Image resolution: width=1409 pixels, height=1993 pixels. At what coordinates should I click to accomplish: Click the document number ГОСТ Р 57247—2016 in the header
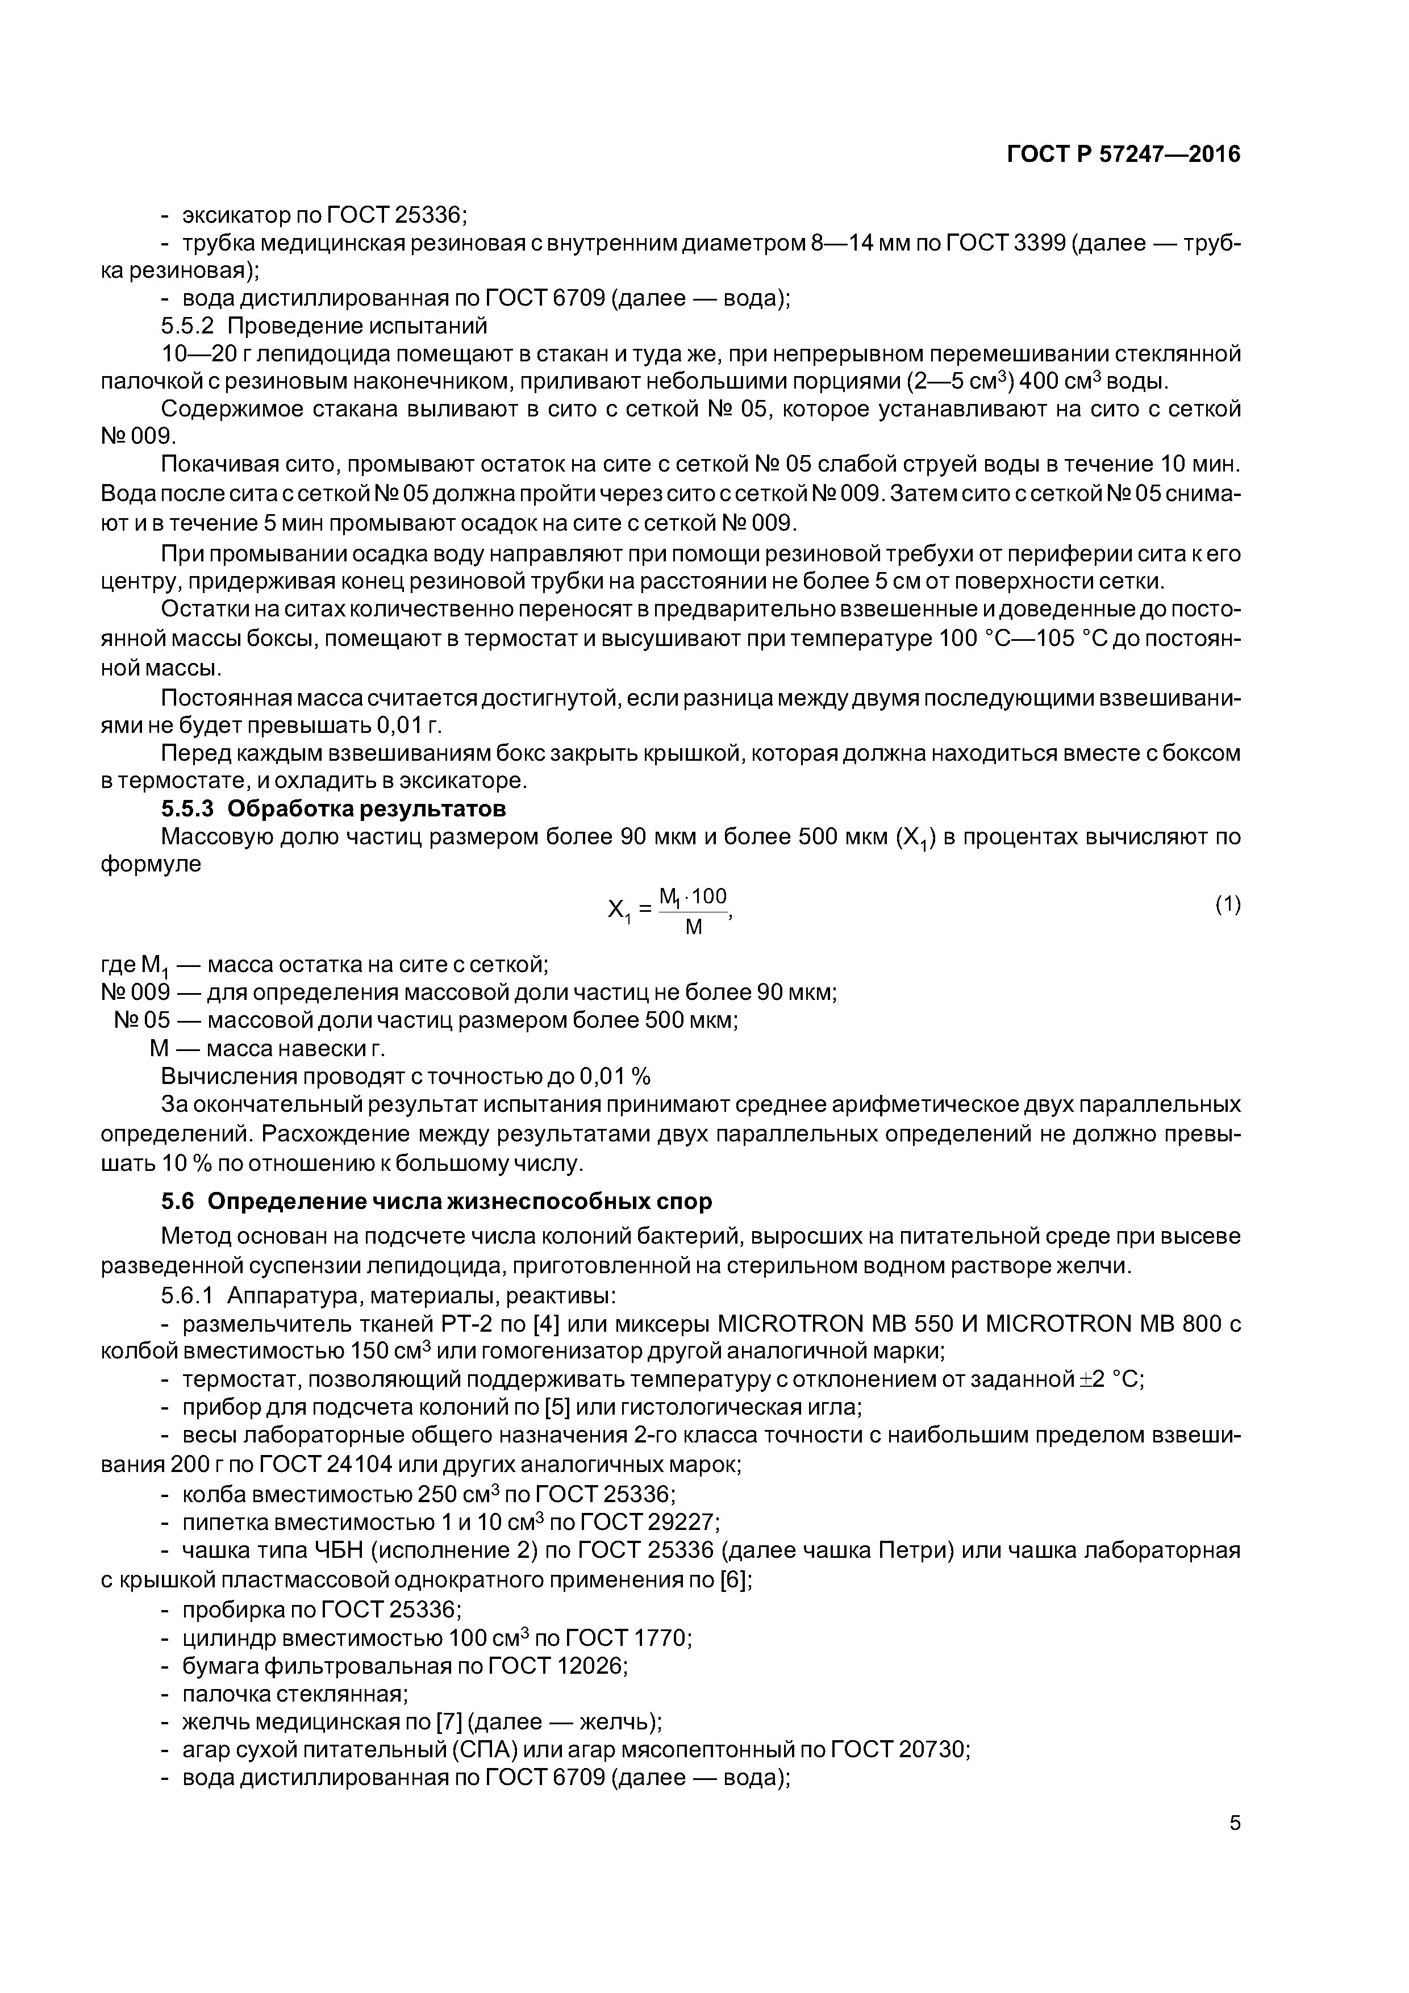point(1123,155)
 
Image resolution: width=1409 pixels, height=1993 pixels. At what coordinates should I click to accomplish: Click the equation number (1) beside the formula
point(1228,906)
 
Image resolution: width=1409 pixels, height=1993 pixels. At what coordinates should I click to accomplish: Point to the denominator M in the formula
point(694,927)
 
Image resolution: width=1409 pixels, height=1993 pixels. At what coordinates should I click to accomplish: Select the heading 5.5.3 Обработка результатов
point(334,809)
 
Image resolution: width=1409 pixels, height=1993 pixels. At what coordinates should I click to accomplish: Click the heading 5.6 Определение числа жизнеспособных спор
point(436,1202)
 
